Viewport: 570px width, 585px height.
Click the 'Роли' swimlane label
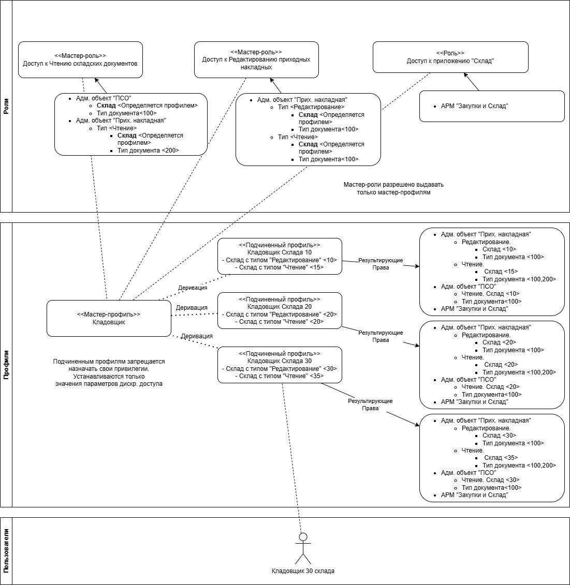tap(6, 106)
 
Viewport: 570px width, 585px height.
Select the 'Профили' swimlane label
tap(6, 365)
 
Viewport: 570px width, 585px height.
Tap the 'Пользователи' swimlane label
tap(6, 551)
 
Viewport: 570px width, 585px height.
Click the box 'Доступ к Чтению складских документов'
tap(80, 59)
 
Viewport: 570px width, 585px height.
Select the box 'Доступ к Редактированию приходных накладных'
tap(256, 59)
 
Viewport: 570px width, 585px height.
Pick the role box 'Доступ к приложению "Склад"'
tap(450, 57)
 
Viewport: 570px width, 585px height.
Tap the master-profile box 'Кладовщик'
tap(109, 318)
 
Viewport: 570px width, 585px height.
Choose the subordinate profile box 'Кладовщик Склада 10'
tap(280, 256)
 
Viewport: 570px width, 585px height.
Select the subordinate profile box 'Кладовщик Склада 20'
tap(280, 310)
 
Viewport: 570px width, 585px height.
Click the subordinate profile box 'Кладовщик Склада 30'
tap(280, 365)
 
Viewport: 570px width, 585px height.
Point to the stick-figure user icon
tap(303, 548)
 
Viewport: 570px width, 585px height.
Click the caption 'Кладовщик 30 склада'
tap(303, 571)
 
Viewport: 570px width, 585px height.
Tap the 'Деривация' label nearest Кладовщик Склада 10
tap(193, 288)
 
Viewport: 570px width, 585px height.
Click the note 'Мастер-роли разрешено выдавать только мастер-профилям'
tap(393, 188)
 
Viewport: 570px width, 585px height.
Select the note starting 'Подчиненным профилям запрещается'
tap(109, 372)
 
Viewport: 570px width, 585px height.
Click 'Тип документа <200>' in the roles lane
tap(148, 151)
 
